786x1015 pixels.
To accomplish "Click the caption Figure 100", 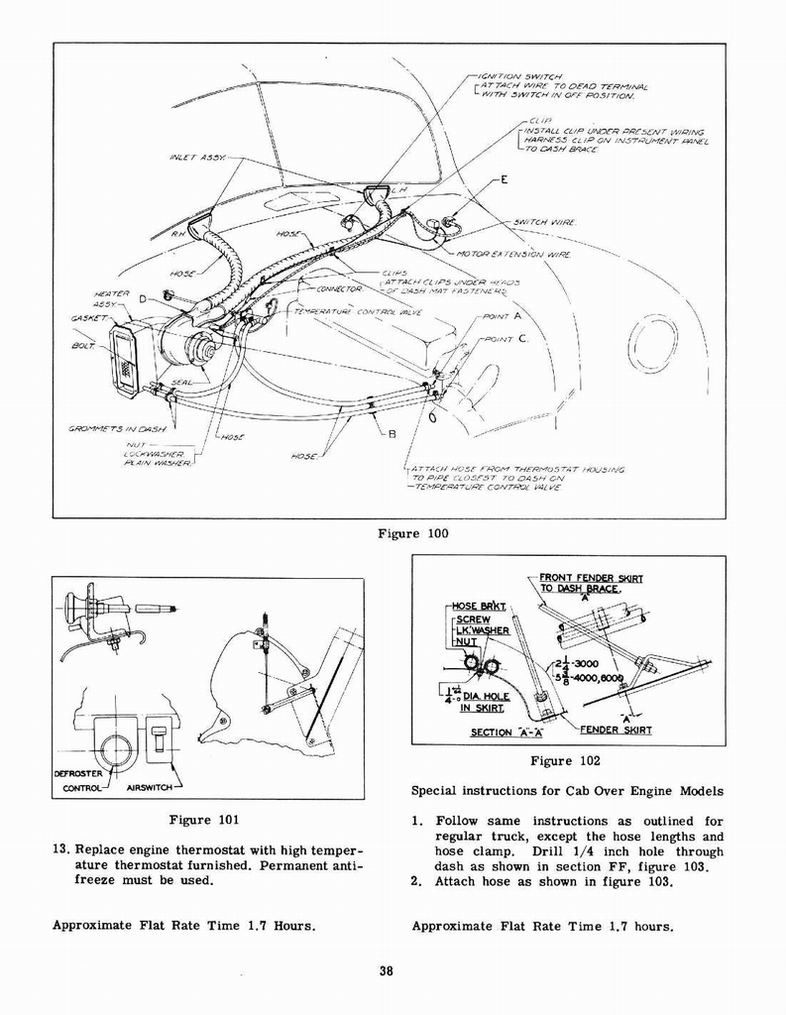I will tap(412, 533).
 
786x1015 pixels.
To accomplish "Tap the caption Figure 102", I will tap(565, 761).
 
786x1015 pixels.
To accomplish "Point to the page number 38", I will tap(386, 971).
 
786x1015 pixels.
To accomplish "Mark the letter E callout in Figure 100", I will tap(505, 179).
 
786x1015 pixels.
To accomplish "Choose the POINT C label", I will tap(508, 339).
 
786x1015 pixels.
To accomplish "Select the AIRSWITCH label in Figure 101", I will tap(150, 788).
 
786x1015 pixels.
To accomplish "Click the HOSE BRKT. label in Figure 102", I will tap(479, 606).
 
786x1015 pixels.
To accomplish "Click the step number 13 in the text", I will tap(59, 851).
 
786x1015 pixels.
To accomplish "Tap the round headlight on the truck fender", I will tap(651, 345).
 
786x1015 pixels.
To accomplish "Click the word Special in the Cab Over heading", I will tap(437, 791).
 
